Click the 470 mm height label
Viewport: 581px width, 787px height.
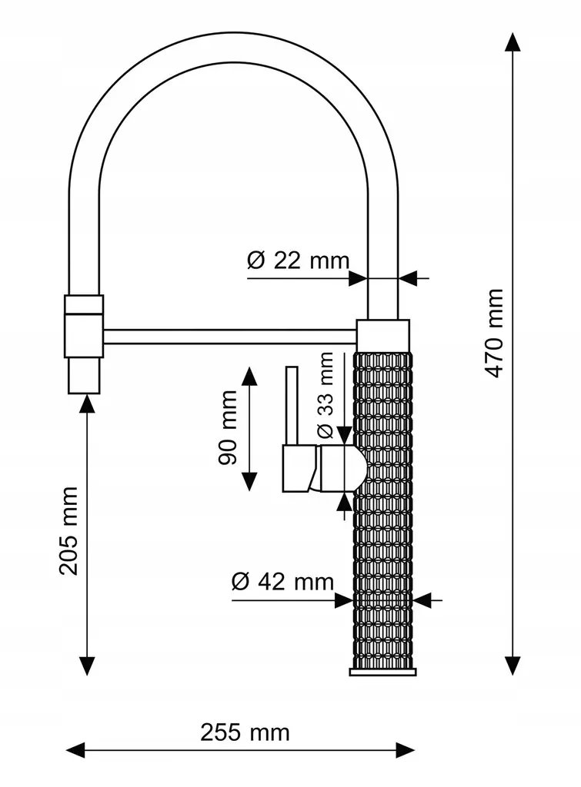pos(495,333)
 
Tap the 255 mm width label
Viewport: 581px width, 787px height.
pos(245,732)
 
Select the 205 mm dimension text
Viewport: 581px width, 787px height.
pos(68,530)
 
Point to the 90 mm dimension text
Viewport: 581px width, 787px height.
pos(228,427)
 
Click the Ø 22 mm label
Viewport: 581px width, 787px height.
pos(298,261)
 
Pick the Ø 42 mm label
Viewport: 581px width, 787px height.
pos(282,582)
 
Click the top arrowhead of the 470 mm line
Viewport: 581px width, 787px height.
pos(513,42)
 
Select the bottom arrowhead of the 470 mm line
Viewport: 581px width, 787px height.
pos(513,666)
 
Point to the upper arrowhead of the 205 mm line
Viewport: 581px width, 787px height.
pos(87,404)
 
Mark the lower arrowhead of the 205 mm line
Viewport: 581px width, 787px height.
pos(87,666)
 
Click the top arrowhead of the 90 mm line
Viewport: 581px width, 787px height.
pos(250,377)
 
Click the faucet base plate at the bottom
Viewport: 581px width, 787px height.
pos(383,672)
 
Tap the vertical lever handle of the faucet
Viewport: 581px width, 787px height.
pos(292,406)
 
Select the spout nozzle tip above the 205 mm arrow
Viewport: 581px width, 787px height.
pos(84,375)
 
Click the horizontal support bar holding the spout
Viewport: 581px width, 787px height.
pos(230,337)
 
